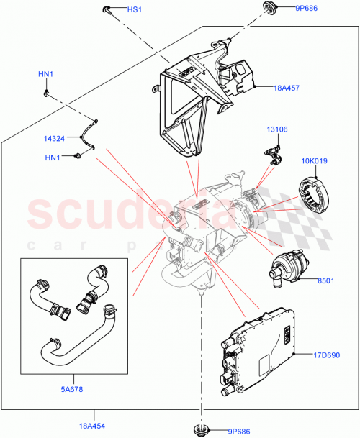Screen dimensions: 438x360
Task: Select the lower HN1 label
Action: [x=54, y=157]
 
